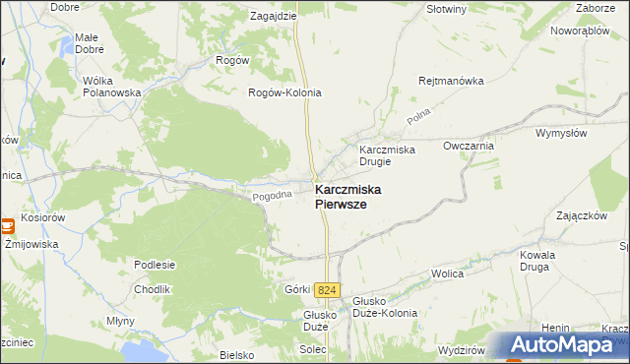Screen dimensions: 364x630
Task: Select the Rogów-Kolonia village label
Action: click(284, 92)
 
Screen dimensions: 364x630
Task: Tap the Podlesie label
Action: click(155, 264)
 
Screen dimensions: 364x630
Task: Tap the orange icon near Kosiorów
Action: click(7, 225)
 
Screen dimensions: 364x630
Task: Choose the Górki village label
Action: click(297, 289)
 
